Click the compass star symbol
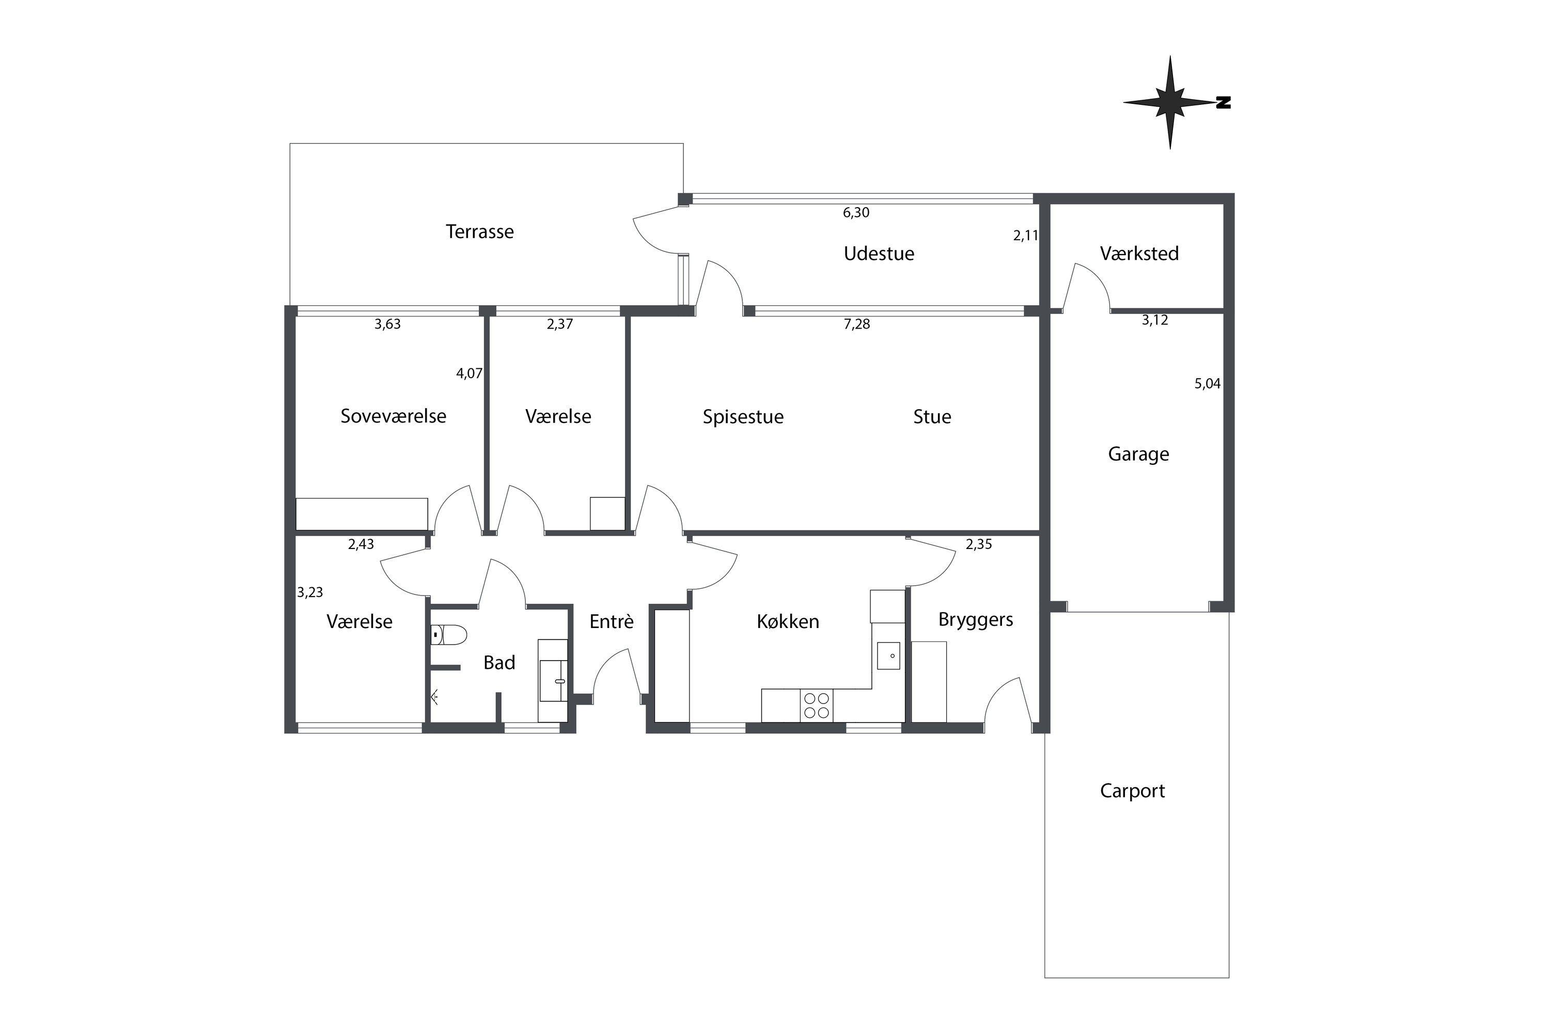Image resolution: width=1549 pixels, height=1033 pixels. (1170, 103)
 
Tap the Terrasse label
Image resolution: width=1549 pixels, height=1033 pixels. (480, 232)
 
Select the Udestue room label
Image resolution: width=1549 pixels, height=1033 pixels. (879, 254)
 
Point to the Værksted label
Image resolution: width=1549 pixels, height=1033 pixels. (1139, 254)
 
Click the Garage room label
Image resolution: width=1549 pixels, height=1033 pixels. (1138, 455)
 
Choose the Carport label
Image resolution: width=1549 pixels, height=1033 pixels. (1133, 791)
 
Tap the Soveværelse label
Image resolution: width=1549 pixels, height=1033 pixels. (394, 416)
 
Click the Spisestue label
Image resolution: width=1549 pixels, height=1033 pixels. (743, 417)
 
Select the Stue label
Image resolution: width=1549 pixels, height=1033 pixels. (932, 417)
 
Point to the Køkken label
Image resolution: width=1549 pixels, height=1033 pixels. (788, 622)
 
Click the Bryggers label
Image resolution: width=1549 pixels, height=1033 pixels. (976, 620)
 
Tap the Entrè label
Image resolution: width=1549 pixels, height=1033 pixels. (612, 622)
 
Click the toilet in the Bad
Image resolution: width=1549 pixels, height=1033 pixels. (449, 635)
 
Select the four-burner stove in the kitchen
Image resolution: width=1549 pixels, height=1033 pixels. (817, 706)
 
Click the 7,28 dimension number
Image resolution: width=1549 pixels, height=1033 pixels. (856, 324)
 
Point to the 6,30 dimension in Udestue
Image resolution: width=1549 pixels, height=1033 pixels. (856, 213)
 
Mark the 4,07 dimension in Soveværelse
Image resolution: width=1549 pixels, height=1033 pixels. (469, 373)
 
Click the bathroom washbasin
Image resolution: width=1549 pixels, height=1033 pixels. (553, 681)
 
